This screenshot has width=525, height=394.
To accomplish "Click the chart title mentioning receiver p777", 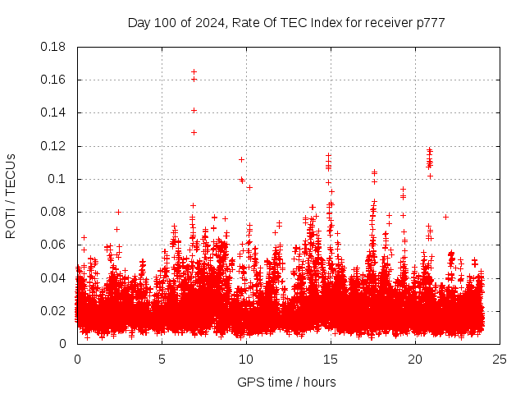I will point(286,22).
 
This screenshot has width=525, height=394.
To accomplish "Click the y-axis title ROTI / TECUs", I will point(11,196).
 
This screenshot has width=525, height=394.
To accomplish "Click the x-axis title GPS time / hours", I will point(286,382).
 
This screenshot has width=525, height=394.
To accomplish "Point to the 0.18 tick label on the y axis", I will point(53,47).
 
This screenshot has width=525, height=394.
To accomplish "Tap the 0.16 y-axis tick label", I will point(53,80).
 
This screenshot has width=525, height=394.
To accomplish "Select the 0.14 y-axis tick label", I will point(53,112).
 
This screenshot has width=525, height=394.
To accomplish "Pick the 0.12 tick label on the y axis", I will point(53,146).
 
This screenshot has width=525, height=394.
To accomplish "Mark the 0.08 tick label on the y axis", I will point(53,212).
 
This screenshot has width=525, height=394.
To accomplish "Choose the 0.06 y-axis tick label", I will point(53,245).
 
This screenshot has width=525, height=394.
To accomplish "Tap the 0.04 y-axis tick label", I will point(53,277).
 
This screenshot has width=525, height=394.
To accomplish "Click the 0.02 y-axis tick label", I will point(53,310).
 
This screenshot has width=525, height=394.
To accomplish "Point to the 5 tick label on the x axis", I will point(162,359).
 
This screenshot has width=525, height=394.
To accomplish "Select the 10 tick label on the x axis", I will point(246,359).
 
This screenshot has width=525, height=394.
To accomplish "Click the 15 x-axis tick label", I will point(331,359).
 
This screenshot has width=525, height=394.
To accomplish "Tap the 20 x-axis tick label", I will point(415,359).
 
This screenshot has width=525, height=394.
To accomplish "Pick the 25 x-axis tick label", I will point(500,359).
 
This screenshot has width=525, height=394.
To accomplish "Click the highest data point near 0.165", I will point(194,71).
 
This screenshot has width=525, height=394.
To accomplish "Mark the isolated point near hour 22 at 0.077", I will point(445,217).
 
